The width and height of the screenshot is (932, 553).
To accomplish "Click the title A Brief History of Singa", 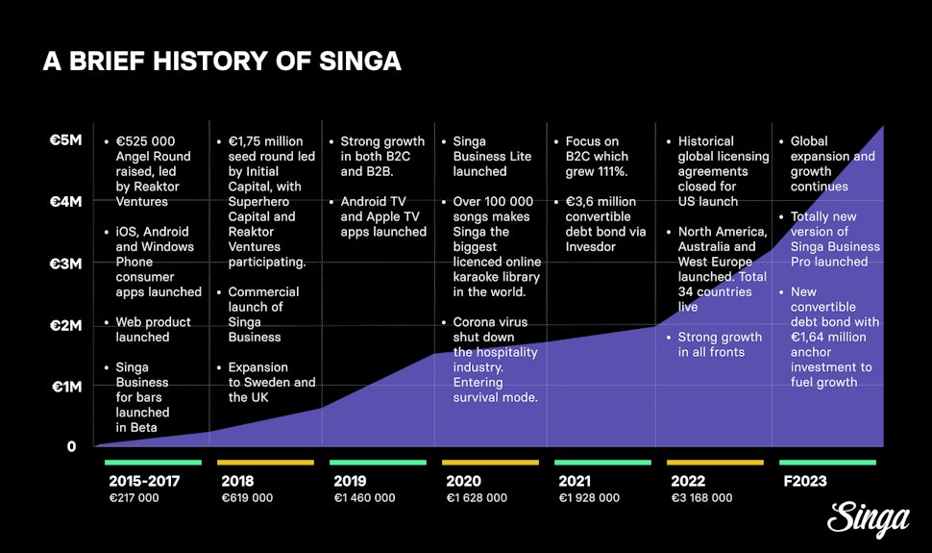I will click(222, 62).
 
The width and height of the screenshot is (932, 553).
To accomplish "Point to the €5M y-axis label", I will click(71, 140).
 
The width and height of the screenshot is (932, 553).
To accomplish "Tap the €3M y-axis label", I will click(71, 264).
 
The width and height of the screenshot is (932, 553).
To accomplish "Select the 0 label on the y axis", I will click(72, 446).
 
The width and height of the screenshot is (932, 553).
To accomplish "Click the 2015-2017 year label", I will click(143, 481).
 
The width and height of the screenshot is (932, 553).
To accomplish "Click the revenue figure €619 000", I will click(247, 498).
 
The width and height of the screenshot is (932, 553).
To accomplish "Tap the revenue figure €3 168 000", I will click(699, 498).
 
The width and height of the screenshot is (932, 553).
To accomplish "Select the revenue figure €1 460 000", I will click(364, 498).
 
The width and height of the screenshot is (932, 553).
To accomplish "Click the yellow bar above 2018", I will click(265, 463).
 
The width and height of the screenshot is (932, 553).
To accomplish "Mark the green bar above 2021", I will click(602, 463).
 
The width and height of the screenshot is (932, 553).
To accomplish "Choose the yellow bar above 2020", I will click(491, 463).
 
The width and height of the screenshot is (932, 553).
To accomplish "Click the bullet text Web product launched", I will click(154, 330).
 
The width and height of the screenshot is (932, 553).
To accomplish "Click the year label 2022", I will click(687, 481).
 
